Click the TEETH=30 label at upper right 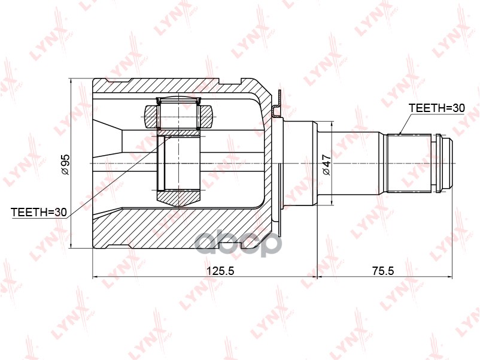click(436, 108)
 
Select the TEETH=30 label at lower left click(38, 211)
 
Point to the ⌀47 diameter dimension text click(327, 164)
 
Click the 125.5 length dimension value click(220, 271)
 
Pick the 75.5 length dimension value click(383, 271)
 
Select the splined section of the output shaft click(409, 163)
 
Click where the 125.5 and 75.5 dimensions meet click(316, 277)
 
